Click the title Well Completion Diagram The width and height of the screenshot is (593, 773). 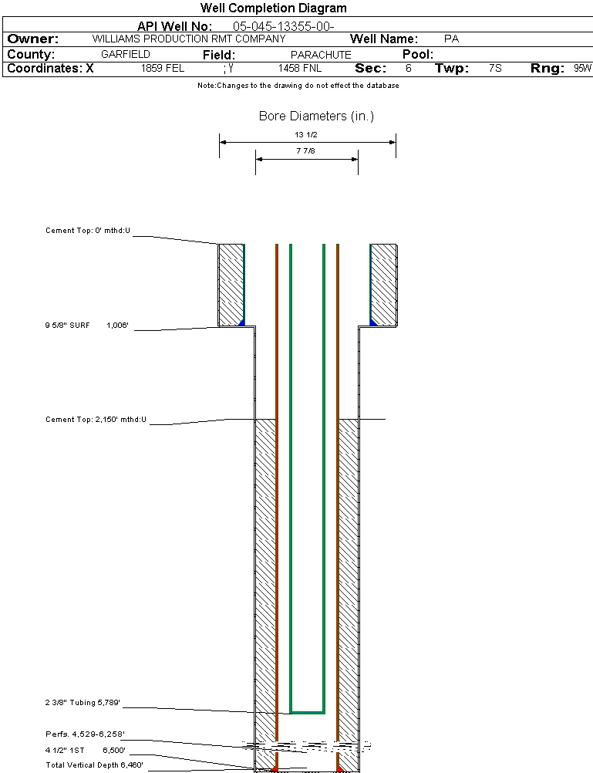click(x=273, y=8)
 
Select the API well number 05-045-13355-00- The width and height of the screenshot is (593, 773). click(x=283, y=26)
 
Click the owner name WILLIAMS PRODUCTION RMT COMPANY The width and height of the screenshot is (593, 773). click(x=188, y=39)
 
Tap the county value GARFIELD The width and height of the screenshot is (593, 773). click(x=125, y=55)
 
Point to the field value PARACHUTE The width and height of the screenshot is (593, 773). click(x=320, y=55)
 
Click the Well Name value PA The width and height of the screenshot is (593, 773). click(x=452, y=39)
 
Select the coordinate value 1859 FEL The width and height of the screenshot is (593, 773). click(x=163, y=68)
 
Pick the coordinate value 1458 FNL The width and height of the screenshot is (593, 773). click(x=300, y=68)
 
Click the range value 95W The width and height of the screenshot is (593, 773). click(x=582, y=68)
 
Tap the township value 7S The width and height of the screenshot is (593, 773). click(x=495, y=68)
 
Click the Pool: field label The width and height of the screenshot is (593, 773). click(x=418, y=55)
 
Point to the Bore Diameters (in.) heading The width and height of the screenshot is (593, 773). click(x=316, y=116)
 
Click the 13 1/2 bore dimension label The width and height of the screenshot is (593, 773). click(x=306, y=134)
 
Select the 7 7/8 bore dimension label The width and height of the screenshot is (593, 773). click(x=306, y=152)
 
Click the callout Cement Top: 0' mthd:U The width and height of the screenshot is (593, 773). click(x=88, y=230)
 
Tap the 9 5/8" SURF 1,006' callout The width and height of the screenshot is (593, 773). click(x=86, y=326)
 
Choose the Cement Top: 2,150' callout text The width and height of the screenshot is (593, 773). click(x=96, y=420)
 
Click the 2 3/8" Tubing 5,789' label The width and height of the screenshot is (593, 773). click(x=83, y=703)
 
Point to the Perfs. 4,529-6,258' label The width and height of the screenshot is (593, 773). click(x=85, y=734)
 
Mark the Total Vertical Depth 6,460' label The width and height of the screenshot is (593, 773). click(x=94, y=765)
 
